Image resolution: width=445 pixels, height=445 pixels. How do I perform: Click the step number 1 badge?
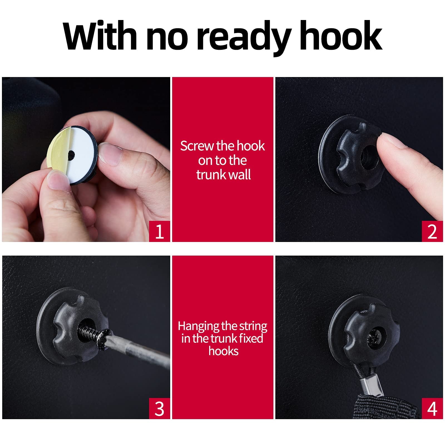(x=159, y=231)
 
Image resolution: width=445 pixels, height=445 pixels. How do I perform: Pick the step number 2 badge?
(x=432, y=231)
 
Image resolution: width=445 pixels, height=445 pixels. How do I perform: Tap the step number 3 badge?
(x=159, y=409)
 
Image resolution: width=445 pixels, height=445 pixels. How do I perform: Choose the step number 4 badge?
(x=432, y=409)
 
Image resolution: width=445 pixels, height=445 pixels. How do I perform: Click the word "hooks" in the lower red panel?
(x=223, y=351)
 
